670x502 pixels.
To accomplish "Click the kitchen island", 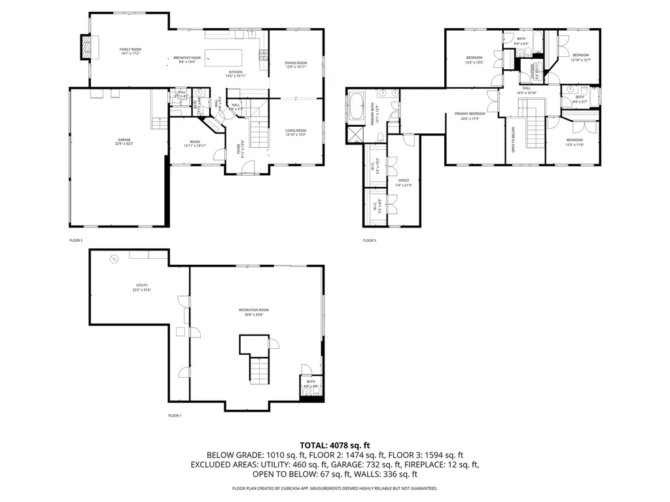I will tap(223, 57).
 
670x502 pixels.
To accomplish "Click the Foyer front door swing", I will tap(247, 168).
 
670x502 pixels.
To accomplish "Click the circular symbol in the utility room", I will tap(115, 259).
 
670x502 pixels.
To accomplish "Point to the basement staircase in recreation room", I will tap(260, 371).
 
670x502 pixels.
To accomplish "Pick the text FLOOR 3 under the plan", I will tap(370, 241).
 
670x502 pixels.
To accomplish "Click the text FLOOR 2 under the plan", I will tap(76, 241).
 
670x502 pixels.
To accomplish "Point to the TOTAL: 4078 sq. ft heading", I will tap(334, 444).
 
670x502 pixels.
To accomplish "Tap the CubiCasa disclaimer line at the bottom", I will tap(334, 488).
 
